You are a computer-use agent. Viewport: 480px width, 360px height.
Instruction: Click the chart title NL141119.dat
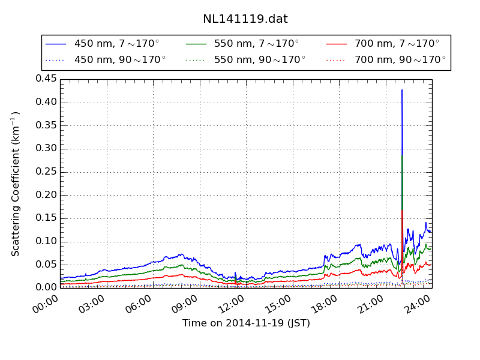[x=245, y=19]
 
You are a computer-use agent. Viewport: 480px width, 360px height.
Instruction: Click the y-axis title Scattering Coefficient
[x=16, y=184]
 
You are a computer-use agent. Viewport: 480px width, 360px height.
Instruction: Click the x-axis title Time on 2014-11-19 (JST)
[x=246, y=323]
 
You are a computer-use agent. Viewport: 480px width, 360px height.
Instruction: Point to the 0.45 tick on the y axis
[x=46, y=79]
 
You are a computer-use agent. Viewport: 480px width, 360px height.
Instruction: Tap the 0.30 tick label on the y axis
[x=46, y=149]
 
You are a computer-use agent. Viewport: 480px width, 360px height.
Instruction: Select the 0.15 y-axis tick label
[x=46, y=218]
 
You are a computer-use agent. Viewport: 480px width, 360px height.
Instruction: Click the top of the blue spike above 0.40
[x=401, y=90]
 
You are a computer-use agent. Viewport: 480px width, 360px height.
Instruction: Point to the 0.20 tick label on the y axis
[x=46, y=195]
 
